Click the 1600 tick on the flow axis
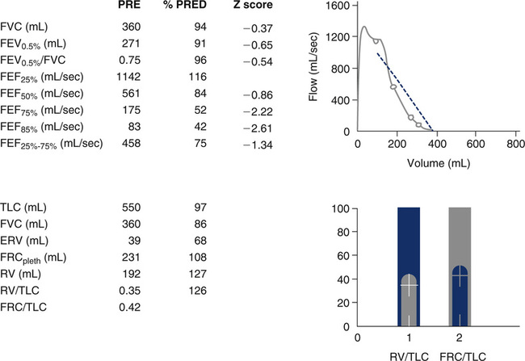tap(336, 6)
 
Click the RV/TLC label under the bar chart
tap(409, 352)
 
